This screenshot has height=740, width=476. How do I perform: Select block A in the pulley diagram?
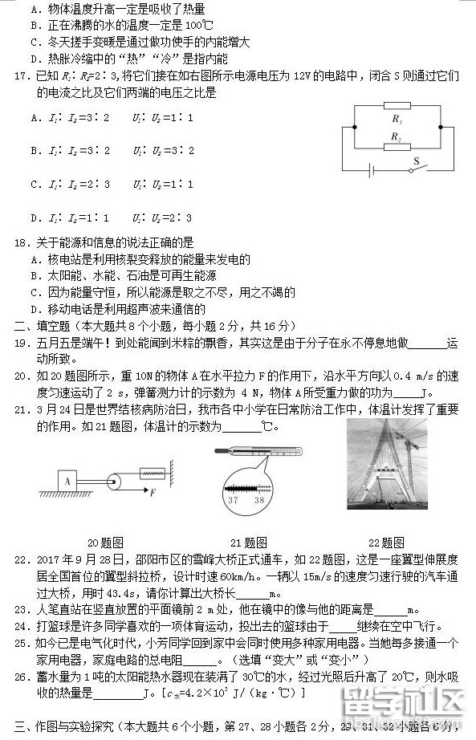click(67, 482)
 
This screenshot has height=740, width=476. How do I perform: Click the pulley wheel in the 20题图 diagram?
click(115, 482)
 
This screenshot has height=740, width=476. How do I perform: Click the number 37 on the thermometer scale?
click(234, 500)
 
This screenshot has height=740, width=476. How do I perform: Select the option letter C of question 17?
click(35, 184)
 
